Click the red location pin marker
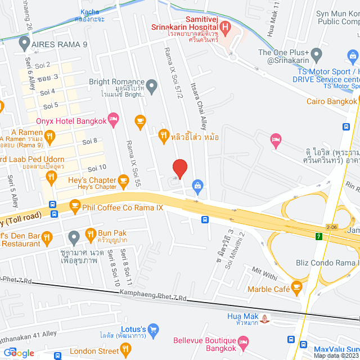(179, 168)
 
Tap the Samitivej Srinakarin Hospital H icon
(225, 26)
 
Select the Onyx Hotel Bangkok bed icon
(113, 118)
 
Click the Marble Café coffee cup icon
(296, 289)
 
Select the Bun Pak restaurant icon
(90, 233)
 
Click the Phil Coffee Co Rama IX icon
(74, 208)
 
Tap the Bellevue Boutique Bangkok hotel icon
(243, 341)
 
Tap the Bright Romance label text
(116, 82)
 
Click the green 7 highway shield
(318, 236)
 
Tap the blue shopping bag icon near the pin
(197, 184)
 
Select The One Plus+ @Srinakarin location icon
(316, 55)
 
